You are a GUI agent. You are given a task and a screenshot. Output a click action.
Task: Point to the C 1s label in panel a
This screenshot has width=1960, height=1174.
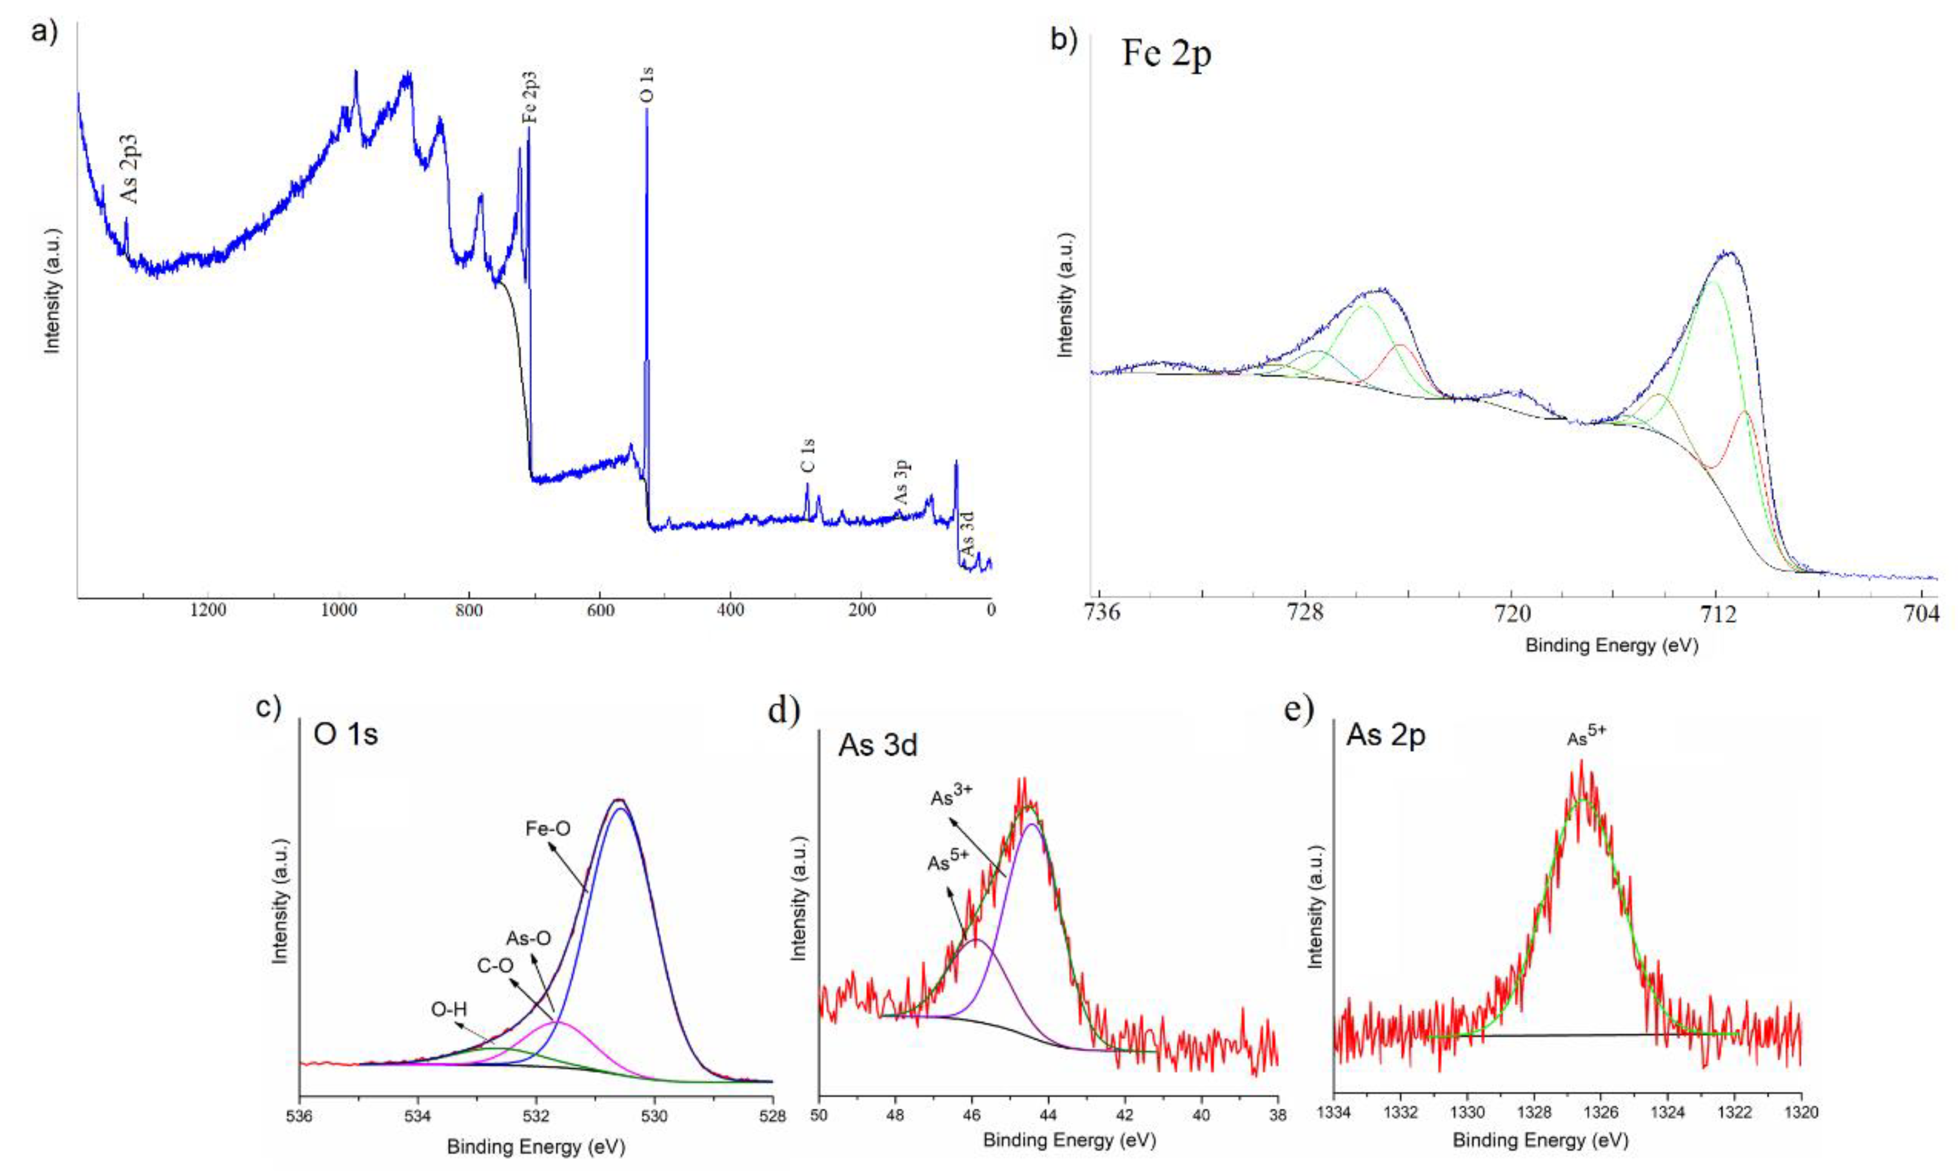point(808,457)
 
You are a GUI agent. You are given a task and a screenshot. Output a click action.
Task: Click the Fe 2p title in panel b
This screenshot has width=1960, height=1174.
point(1166,55)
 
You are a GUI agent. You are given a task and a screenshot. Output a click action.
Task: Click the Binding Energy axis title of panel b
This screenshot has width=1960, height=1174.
point(1612,645)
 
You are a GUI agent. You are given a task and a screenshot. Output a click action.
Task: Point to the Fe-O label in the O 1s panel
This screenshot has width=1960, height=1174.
point(548,828)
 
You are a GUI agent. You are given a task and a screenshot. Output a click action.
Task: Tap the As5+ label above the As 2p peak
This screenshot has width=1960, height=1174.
point(1587,739)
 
